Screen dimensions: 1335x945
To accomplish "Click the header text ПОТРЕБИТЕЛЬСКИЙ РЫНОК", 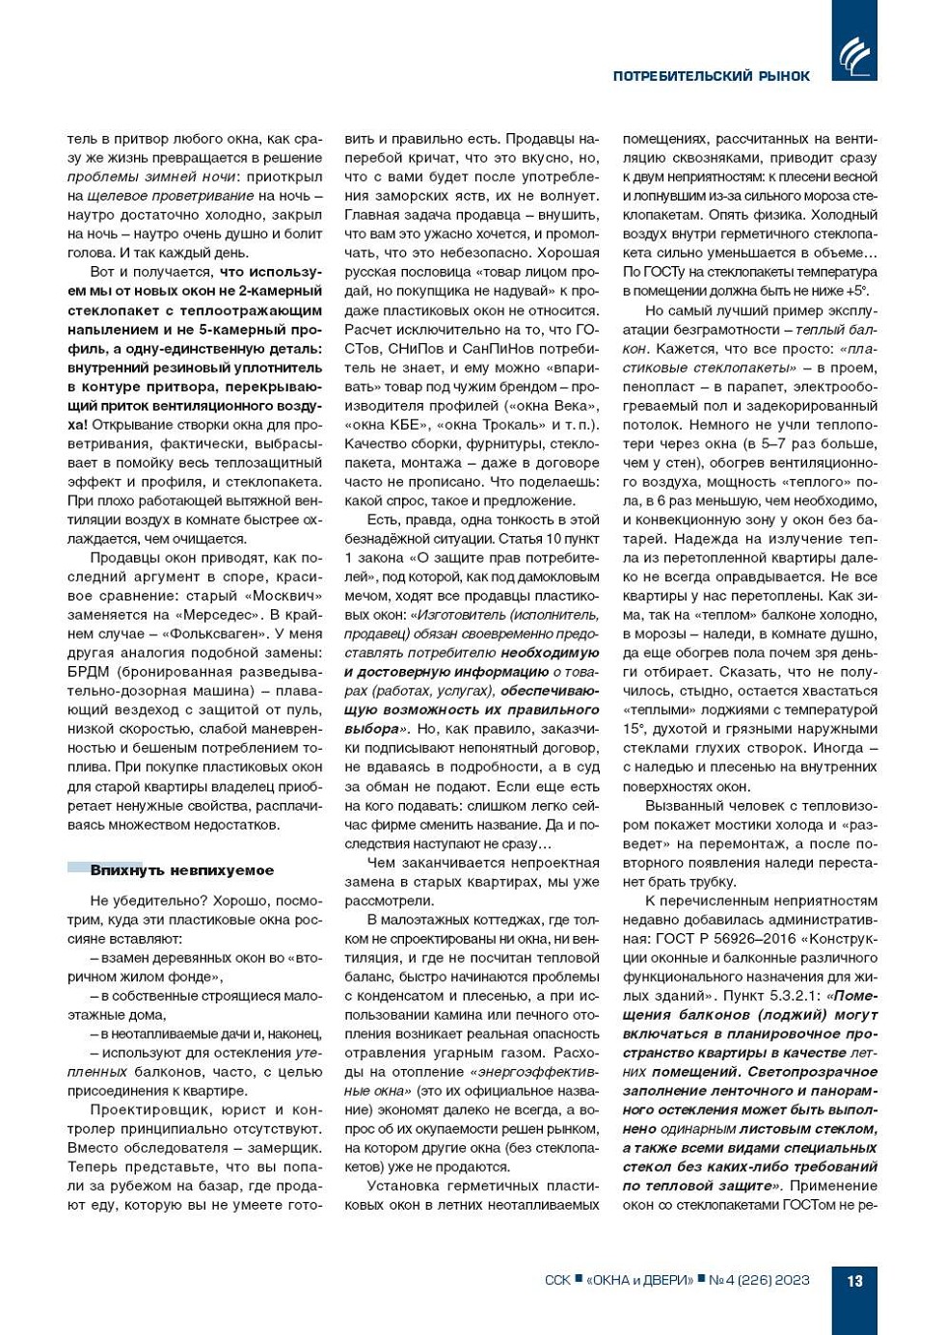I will pos(711,76).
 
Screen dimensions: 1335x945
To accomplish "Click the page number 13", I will pos(854,1281).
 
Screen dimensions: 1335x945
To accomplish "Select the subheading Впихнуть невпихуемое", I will pos(181,870).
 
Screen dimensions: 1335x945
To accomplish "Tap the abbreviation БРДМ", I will pos(89,672).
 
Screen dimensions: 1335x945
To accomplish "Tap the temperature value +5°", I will pos(856,291).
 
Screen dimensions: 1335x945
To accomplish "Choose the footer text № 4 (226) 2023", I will pos(759,1281).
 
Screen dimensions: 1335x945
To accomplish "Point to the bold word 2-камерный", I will pos(282,291).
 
